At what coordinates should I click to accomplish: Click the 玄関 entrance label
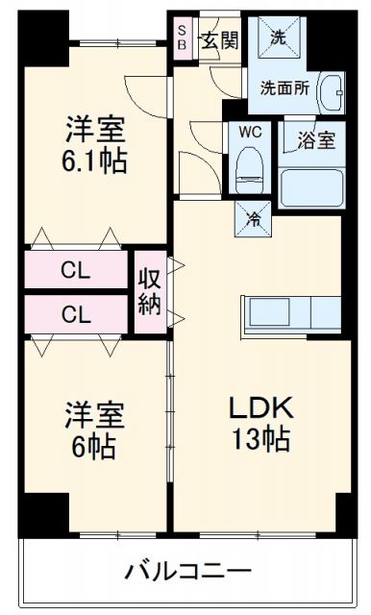click(x=220, y=40)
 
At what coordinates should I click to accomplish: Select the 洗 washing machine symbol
click(x=278, y=40)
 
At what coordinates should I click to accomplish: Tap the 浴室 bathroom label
click(x=315, y=140)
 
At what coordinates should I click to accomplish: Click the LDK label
click(x=259, y=408)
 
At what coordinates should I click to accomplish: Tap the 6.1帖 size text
click(x=94, y=160)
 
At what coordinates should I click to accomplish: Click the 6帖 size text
click(x=90, y=446)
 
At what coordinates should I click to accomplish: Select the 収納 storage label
click(x=150, y=291)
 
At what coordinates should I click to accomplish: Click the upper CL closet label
click(x=77, y=270)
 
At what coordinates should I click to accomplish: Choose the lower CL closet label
click(x=77, y=313)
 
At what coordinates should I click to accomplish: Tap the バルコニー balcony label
click(x=188, y=573)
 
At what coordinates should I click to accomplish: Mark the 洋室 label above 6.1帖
click(x=94, y=128)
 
